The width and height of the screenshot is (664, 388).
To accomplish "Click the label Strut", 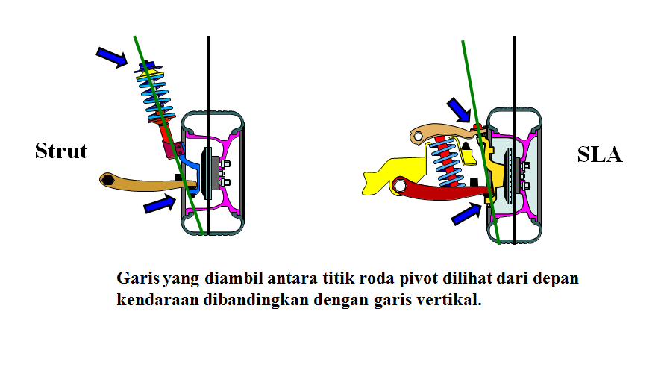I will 61,151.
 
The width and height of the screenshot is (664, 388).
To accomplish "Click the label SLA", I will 600,155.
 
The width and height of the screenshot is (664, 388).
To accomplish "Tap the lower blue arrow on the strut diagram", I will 160,202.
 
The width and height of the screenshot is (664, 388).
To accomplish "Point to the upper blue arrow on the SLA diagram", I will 457,110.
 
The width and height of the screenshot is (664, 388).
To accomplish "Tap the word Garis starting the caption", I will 138,278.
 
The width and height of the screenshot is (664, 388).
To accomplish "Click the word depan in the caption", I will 557,279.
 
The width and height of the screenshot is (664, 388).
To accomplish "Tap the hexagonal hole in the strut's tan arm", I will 108,179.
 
